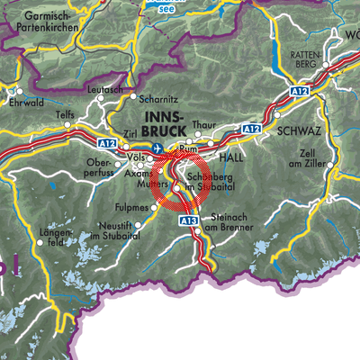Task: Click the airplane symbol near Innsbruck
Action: pos(159,148)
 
